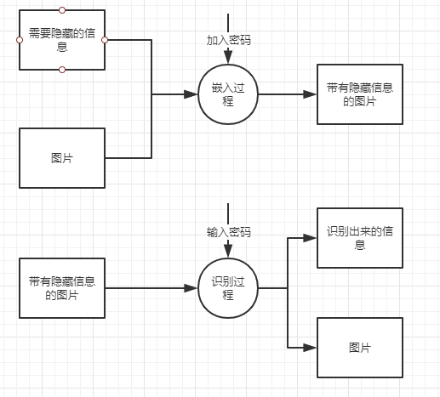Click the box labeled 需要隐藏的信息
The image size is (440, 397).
coord(62,40)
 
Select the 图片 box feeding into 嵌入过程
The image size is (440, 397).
coord(62,157)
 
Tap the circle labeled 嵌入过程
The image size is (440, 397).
coord(227,94)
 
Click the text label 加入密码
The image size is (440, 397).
coord(228,40)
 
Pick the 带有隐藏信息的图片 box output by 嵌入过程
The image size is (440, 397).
coord(359,94)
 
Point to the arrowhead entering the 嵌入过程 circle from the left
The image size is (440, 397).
coord(193,94)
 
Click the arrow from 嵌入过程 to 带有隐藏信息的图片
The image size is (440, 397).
coord(286,94)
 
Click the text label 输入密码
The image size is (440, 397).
coord(228,231)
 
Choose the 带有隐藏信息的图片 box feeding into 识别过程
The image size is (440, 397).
coord(62,288)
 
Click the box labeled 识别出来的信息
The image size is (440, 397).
coord(359,237)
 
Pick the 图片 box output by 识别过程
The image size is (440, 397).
coord(359,348)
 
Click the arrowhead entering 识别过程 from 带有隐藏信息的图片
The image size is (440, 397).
coord(193,288)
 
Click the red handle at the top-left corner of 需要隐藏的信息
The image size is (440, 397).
coord(19,12)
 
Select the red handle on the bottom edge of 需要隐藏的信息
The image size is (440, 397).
coord(62,69)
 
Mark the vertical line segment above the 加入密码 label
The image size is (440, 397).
coord(228,23)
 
